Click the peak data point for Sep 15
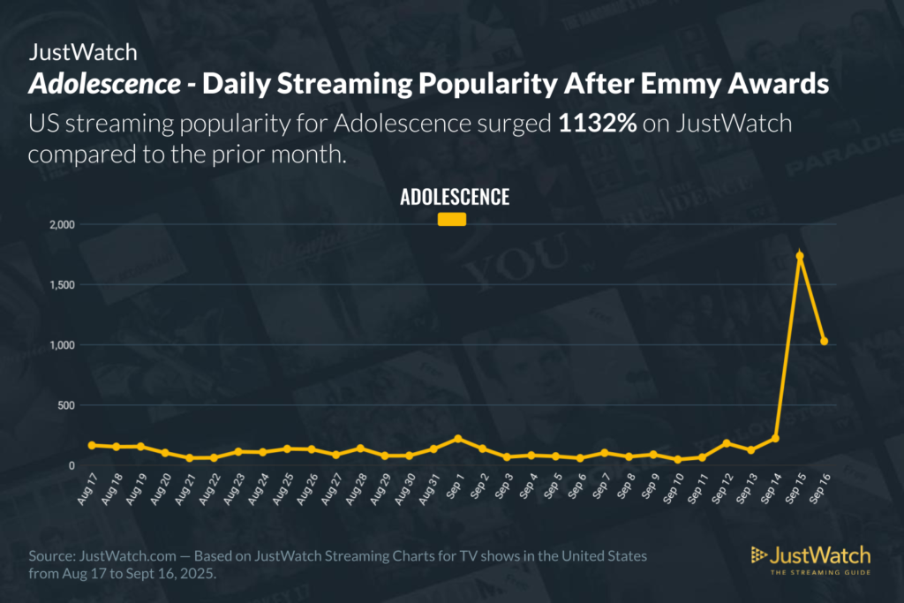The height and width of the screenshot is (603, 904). (800, 256)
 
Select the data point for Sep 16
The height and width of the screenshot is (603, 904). (825, 341)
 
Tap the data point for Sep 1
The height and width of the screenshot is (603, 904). (457, 439)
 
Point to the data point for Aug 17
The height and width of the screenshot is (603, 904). (92, 445)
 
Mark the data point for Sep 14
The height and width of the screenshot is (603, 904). (775, 438)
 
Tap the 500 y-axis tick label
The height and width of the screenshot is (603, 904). (65, 405)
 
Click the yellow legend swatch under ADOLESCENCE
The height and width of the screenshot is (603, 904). (452, 220)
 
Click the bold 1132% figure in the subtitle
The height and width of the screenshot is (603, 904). (598, 123)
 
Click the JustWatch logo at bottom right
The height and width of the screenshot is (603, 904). (810, 558)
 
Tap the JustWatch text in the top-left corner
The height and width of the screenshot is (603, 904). (83, 52)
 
